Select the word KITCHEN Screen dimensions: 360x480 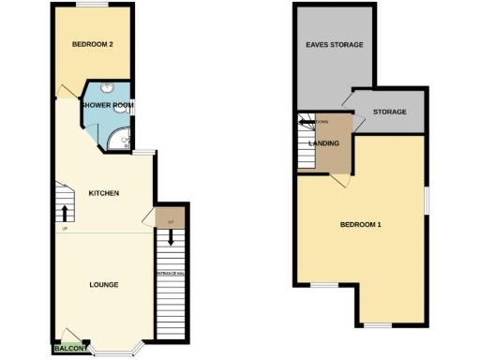pyautogui.click(x=103, y=193)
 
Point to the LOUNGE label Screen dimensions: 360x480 pyautogui.click(x=103, y=284)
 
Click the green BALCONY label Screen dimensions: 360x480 pyautogui.click(x=72, y=349)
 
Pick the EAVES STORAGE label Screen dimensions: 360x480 pyautogui.click(x=335, y=45)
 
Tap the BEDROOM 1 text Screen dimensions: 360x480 pyautogui.click(x=360, y=225)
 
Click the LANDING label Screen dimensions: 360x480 pyautogui.click(x=323, y=143)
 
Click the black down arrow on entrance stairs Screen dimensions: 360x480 pyautogui.click(x=170, y=238)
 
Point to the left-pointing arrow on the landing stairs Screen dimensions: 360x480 pyautogui.click(x=306, y=120)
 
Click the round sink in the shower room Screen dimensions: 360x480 pyautogui.click(x=108, y=89)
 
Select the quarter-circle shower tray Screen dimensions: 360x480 pyautogui.click(x=116, y=141)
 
